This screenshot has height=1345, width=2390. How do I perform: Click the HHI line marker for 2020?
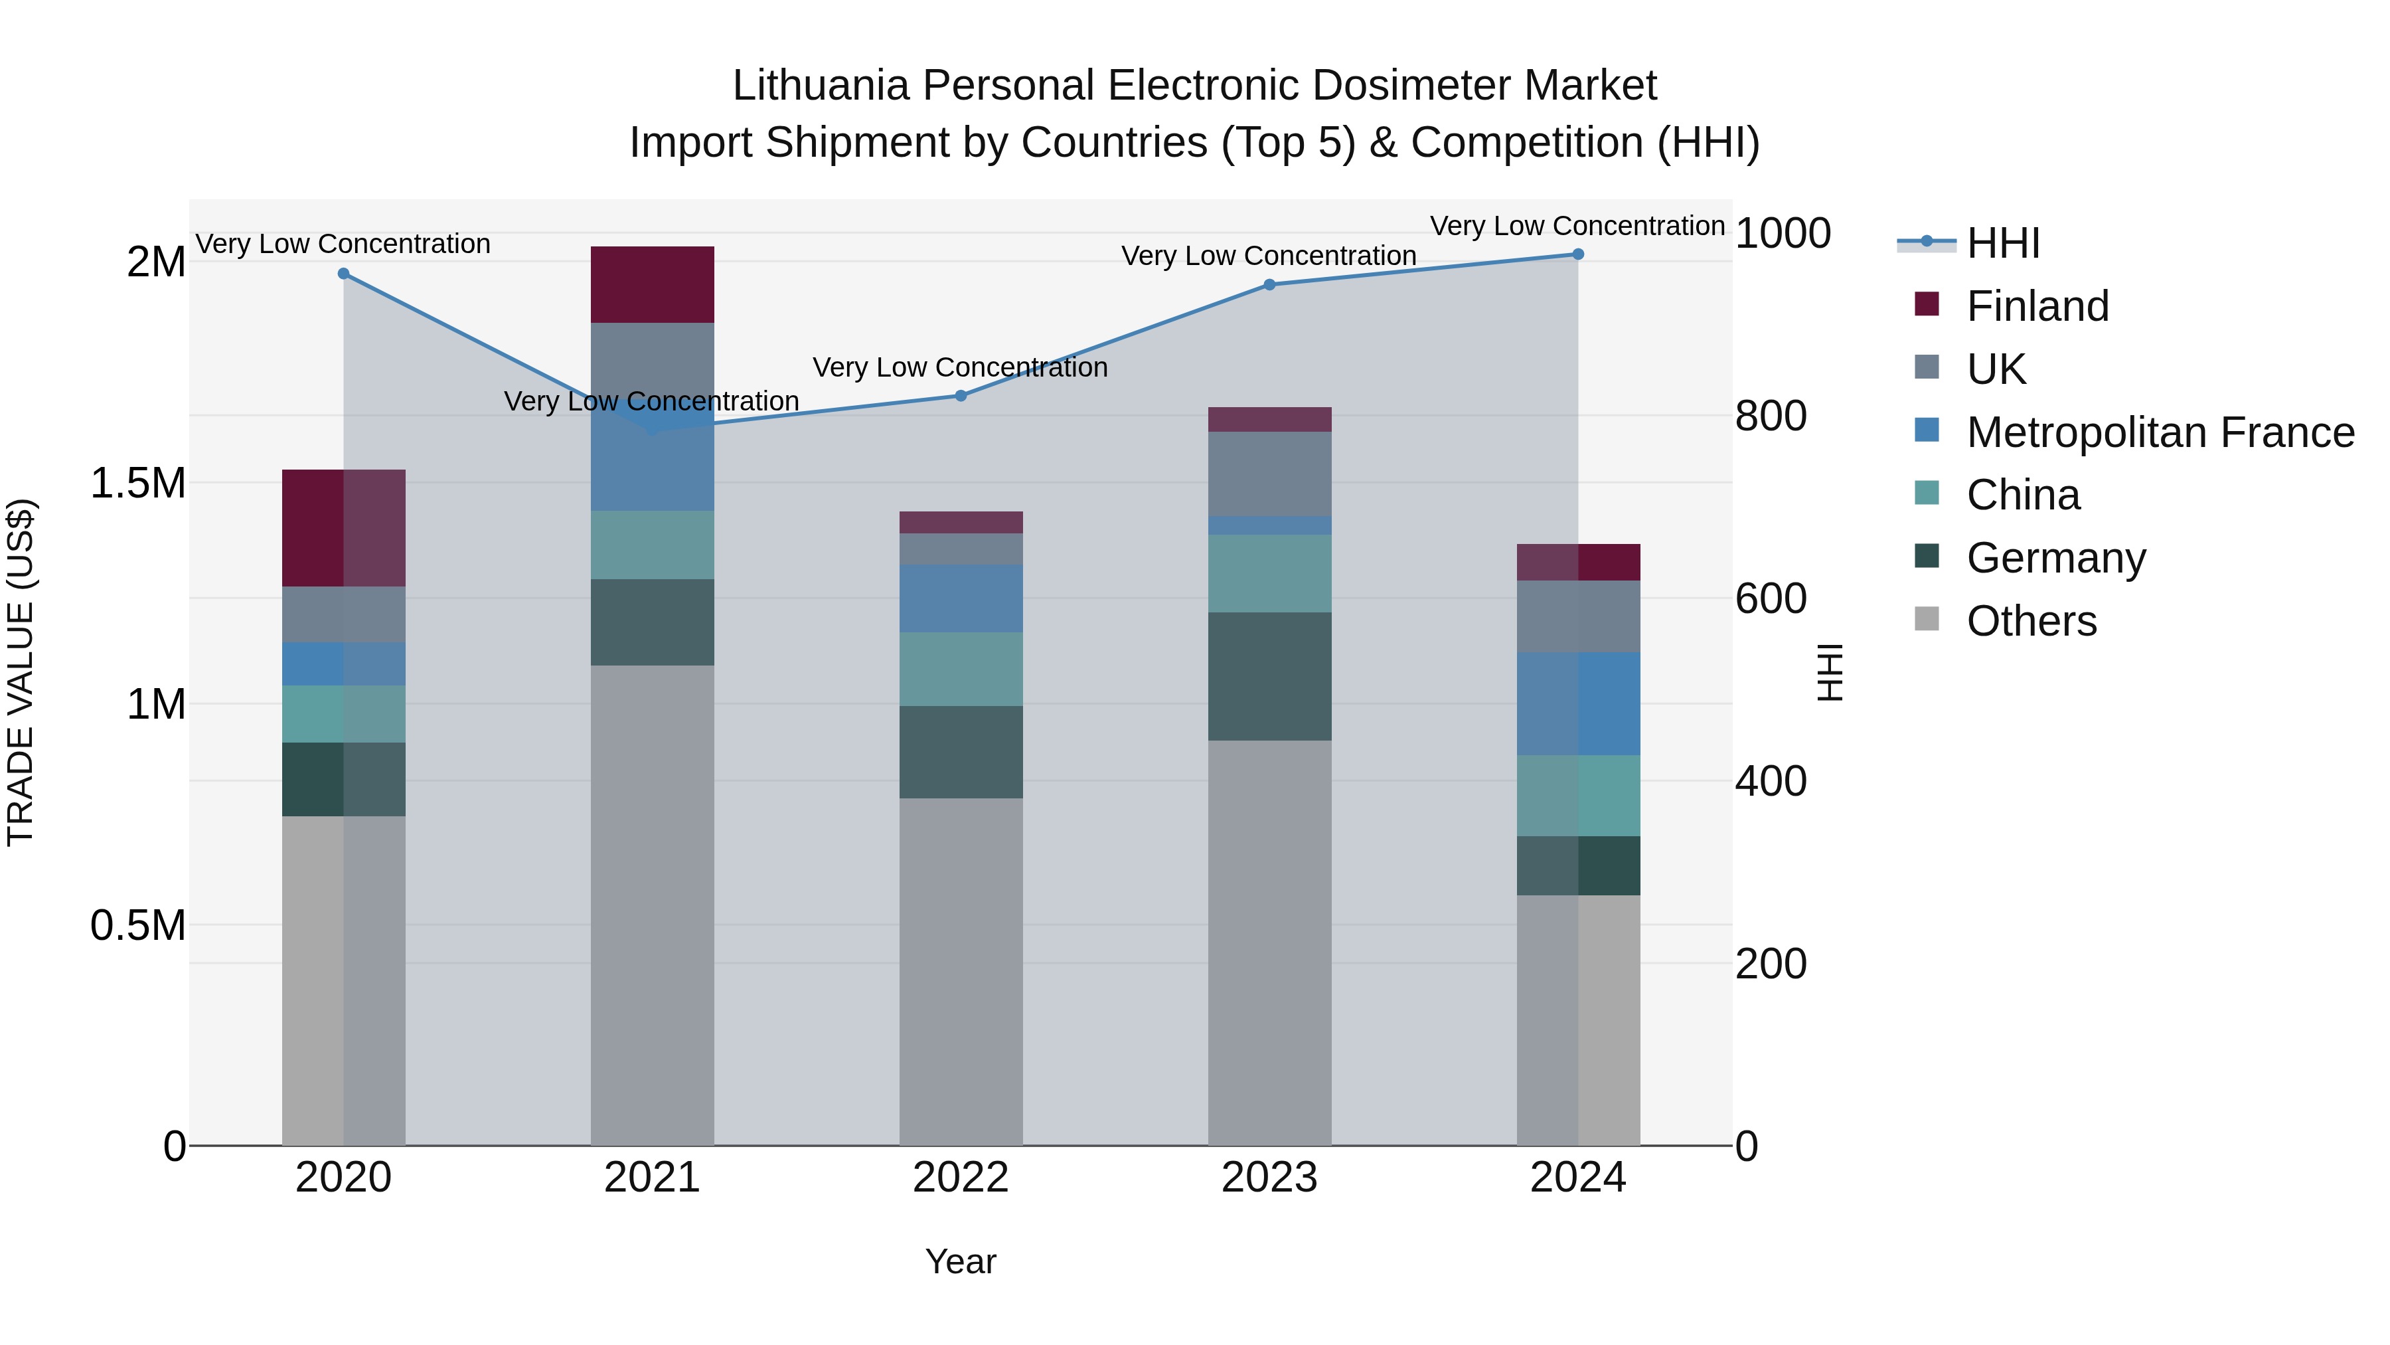pos(343,274)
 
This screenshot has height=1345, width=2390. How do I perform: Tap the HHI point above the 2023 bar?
pos(1270,285)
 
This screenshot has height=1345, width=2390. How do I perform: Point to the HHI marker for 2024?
pos(1578,254)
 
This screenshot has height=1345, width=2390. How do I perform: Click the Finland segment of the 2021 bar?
pos(652,285)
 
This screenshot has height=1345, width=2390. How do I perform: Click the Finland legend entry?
pos(2037,306)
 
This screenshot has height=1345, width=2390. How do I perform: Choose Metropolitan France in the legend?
pos(2160,432)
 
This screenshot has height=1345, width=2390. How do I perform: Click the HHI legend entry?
pos(2002,243)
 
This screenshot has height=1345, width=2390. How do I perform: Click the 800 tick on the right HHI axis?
pos(1770,416)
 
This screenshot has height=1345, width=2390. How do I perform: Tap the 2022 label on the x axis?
pos(960,1178)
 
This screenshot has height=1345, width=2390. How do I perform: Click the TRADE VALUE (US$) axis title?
pos(21,672)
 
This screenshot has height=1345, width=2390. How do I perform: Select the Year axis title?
pos(960,1261)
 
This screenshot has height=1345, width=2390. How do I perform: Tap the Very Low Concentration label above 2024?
pos(1577,226)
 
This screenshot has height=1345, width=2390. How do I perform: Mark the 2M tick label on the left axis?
pos(156,262)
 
